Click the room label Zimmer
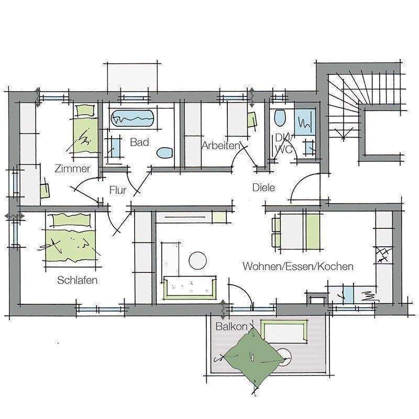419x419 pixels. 72,169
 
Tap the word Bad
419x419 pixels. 139,142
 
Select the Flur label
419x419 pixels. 118,190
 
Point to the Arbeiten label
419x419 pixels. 220,146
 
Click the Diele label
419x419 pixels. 263,188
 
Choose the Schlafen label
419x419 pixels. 78,280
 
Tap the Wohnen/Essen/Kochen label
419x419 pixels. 297,267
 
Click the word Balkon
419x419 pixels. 231,326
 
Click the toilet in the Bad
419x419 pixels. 165,153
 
